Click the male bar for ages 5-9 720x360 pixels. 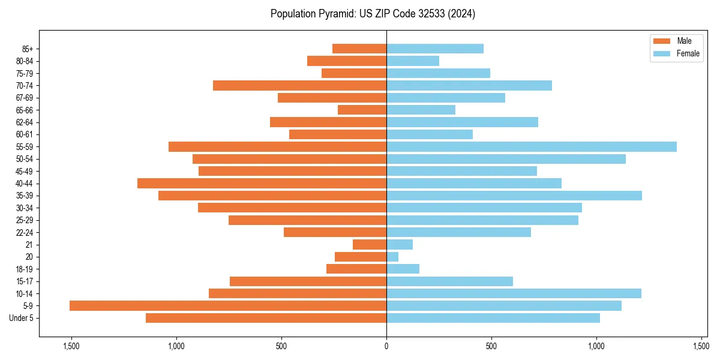click(228, 305)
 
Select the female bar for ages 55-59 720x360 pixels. click(532, 146)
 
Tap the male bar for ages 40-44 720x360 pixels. click(262, 183)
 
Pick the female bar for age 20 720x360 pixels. click(392, 257)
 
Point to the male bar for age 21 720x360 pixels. click(370, 244)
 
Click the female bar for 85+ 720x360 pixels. click(435, 49)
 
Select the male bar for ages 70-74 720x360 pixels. click(299, 85)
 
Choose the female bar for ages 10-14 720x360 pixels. click(514, 293)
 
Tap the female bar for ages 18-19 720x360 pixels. click(403, 269)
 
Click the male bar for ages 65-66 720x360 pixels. click(362, 110)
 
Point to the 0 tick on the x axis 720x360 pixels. click(386, 347)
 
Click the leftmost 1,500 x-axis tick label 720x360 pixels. click(71, 347)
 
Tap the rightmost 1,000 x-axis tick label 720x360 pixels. click(596, 347)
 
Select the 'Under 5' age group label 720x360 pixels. click(21, 318)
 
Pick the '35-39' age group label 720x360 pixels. click(24, 196)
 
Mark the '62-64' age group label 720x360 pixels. click(24, 122)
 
